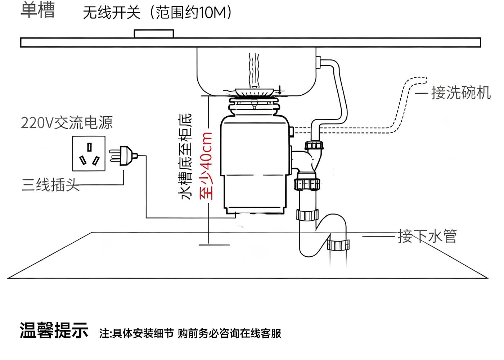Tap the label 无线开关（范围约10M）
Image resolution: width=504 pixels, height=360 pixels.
(157, 13)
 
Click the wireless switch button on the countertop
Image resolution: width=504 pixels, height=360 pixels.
(154, 33)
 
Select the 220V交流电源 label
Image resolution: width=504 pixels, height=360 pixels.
(67, 123)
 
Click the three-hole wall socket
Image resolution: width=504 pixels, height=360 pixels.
(89, 153)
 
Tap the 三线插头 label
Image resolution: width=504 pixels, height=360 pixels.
(50, 185)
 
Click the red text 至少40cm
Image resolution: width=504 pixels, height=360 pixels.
(206, 166)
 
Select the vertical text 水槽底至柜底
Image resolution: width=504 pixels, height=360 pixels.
(185, 157)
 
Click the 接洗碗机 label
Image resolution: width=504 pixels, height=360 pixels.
(460, 93)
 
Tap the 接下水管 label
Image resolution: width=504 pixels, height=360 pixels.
(427, 236)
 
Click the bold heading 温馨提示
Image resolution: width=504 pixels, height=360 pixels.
(54, 330)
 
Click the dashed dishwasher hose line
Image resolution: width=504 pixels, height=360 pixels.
(403, 104)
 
